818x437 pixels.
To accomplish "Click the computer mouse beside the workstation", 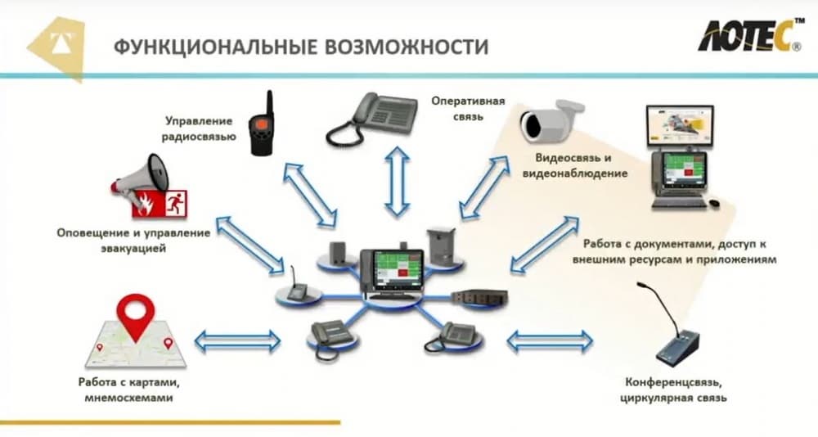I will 714,202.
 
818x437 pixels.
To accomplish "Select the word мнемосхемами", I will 128,399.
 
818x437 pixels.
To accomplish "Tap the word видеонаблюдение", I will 562,173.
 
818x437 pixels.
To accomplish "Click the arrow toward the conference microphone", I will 549,340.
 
